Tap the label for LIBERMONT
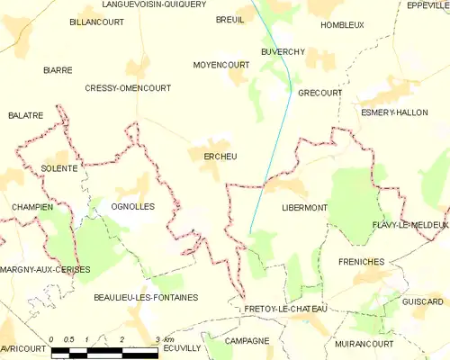tap(305, 207)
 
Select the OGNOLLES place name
tap(133, 206)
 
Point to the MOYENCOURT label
tap(221, 65)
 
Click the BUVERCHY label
tap(284, 51)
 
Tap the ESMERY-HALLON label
tap(393, 112)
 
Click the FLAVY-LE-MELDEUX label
tap(410, 224)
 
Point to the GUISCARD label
tap(423, 301)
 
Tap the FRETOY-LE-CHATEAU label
tap(285, 309)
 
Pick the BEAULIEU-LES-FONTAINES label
tap(146, 296)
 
